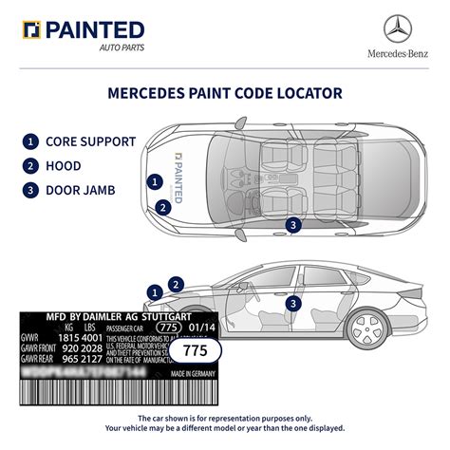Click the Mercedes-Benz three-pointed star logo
pos(400,28)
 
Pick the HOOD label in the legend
pos(65,166)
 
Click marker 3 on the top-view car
pos(293,224)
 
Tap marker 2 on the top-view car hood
pos(164,206)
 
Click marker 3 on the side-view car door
pos(293,303)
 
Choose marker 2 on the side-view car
pos(175,283)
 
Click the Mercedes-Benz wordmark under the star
pos(400,53)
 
